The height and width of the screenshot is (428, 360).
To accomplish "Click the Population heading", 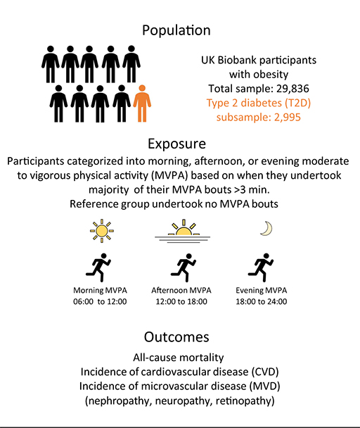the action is (x=176, y=30).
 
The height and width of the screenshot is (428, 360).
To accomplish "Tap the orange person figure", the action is (x=142, y=103).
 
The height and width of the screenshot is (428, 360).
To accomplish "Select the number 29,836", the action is (x=292, y=89).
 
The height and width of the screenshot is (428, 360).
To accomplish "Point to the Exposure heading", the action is (x=176, y=144).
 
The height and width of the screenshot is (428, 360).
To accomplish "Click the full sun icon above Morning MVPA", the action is (x=102, y=231).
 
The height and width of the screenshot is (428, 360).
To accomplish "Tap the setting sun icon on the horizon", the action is (x=183, y=231).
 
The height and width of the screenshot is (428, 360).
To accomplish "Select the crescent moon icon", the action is (x=266, y=229).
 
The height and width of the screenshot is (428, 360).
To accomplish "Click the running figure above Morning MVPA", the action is (x=98, y=267).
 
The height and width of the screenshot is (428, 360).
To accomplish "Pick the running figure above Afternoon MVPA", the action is (x=184, y=267).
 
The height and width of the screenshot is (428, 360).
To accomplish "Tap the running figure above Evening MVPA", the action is (x=261, y=267).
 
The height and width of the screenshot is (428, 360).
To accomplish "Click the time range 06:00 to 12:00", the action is (x=100, y=301).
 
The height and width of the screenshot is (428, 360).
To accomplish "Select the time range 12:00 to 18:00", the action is (x=181, y=301).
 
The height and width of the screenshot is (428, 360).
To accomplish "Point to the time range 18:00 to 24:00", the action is (x=262, y=301).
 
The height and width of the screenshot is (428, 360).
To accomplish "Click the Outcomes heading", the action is (x=176, y=337).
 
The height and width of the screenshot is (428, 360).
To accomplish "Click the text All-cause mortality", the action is (x=179, y=358).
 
